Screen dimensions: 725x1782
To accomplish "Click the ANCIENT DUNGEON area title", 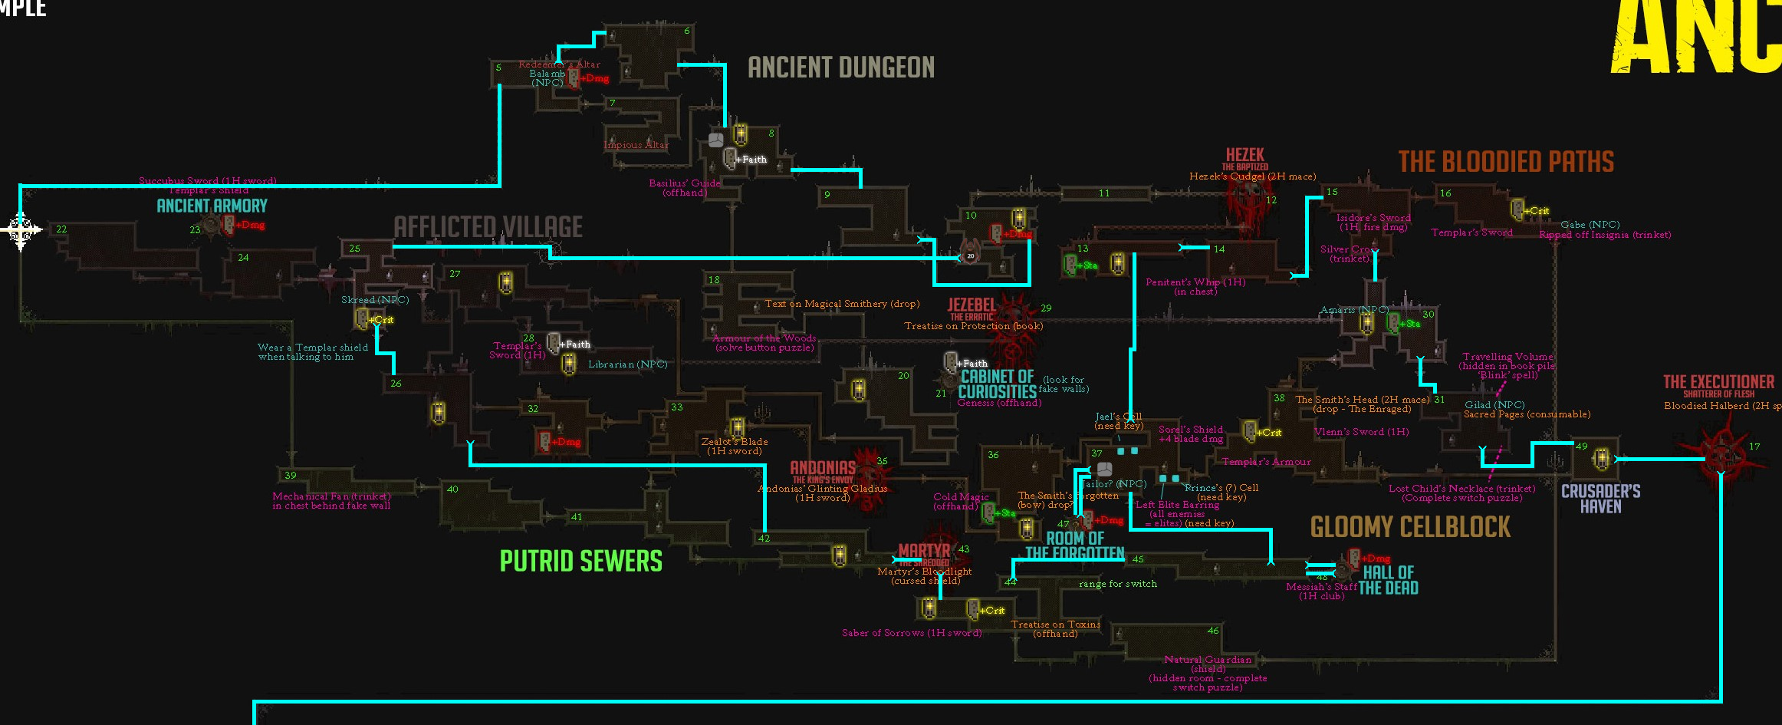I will pyautogui.click(x=841, y=68).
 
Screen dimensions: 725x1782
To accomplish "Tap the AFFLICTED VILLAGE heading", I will pyautogui.click(x=488, y=227).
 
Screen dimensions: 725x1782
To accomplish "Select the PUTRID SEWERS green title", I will pyautogui.click(x=580, y=561).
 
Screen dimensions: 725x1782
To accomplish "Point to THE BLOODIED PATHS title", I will pyautogui.click(x=1506, y=162).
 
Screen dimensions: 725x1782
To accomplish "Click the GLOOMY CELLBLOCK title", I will pyautogui.click(x=1410, y=527).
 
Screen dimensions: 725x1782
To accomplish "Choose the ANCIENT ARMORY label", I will pyautogui.click(x=212, y=206).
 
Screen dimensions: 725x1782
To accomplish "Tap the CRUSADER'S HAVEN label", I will pyautogui.click(x=1601, y=499).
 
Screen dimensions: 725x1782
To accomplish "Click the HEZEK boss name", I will pyautogui.click(x=1244, y=155).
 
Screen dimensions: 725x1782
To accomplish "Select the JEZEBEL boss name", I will pyautogui.click(x=972, y=305).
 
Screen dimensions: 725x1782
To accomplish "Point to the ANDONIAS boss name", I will pyautogui.click(x=823, y=467).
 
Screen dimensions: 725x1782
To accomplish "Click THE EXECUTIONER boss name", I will pyautogui.click(x=1718, y=382).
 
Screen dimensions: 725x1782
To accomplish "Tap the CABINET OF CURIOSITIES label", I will pyautogui.click(x=997, y=384).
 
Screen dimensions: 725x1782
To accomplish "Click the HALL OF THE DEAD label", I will pyautogui.click(x=1389, y=580).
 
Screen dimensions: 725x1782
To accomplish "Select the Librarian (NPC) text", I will pyautogui.click(x=627, y=364).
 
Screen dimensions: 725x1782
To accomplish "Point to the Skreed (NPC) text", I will pyautogui.click(x=375, y=300).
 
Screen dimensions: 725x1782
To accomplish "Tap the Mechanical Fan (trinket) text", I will pyautogui.click(x=331, y=496).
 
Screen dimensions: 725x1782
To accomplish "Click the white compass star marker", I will pyautogui.click(x=20, y=229).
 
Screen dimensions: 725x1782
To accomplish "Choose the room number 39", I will pyautogui.click(x=290, y=476).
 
